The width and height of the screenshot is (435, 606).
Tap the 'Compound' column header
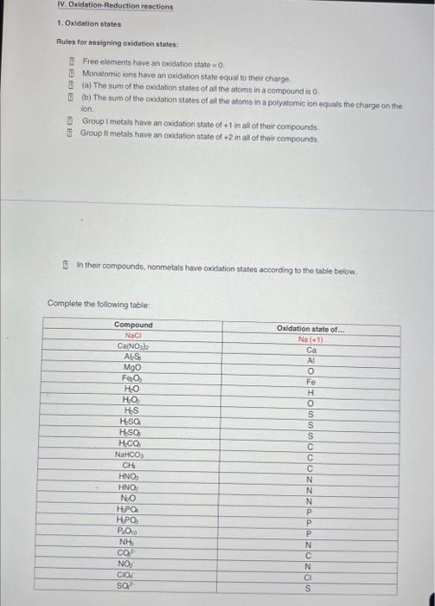click(133, 325)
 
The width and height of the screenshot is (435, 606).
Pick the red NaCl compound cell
click(133, 335)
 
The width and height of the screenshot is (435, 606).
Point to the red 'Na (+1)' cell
click(310, 339)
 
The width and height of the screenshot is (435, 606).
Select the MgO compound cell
click(133, 368)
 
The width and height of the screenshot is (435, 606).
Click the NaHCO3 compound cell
click(133, 454)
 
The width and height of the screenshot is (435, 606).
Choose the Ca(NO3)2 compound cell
click(133, 346)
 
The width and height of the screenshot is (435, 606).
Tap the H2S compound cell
click(133, 410)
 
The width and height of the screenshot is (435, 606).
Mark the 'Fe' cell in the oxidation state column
click(310, 382)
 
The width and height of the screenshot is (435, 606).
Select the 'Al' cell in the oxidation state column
click(310, 360)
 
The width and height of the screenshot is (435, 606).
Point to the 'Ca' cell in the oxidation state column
click(310, 350)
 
